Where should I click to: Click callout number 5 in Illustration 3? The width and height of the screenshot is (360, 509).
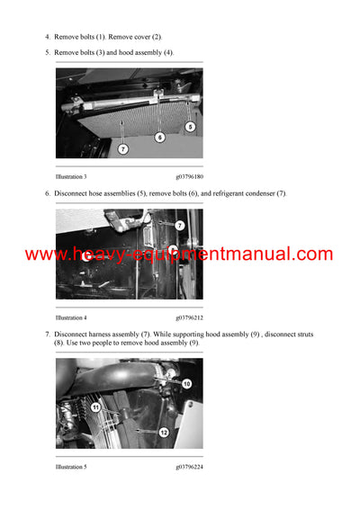tap(190, 128)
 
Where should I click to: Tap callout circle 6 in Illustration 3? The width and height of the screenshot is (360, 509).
tap(159, 138)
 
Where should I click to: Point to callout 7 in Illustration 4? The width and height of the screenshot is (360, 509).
tap(180, 226)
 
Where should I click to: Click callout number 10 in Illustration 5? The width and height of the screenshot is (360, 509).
tap(186, 384)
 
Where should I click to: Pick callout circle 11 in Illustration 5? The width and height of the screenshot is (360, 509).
tap(95, 407)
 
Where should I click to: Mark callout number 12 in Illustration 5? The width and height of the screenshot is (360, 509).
tap(164, 433)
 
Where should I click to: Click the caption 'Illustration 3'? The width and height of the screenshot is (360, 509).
tap(71, 177)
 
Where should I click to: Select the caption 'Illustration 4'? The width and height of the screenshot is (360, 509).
tap(71, 317)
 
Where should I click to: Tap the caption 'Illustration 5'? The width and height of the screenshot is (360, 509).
tap(71, 467)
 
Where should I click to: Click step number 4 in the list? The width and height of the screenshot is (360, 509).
tap(47, 37)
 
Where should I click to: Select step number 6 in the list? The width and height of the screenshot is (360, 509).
tap(47, 193)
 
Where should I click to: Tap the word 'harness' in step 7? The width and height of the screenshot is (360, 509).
tap(105, 335)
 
